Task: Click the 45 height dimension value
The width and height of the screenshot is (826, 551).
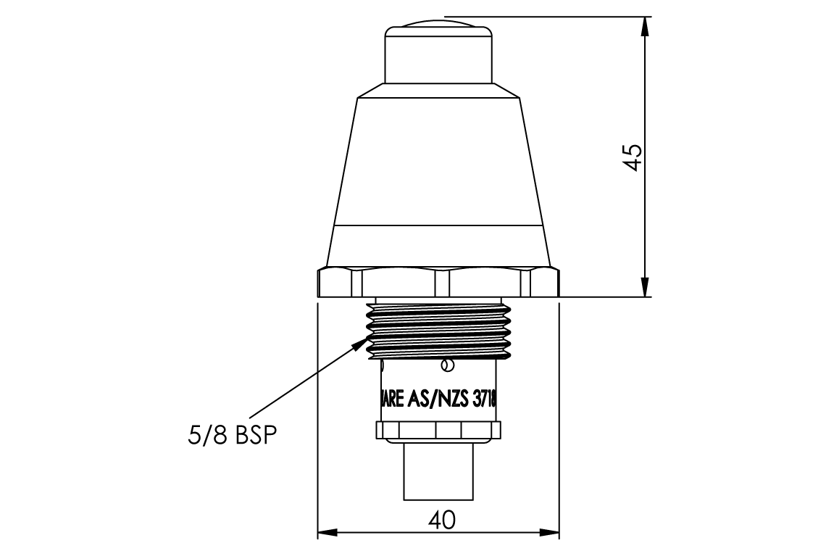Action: pyautogui.click(x=633, y=157)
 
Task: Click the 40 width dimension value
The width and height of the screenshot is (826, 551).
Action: pyautogui.click(x=441, y=521)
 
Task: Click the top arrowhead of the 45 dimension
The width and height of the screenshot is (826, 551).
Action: pyautogui.click(x=644, y=26)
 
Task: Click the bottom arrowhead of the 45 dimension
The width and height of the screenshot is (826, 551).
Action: pyautogui.click(x=644, y=288)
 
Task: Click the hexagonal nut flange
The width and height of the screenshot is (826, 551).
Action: pyautogui.click(x=438, y=283)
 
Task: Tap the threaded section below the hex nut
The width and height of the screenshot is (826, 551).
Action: pyautogui.click(x=438, y=330)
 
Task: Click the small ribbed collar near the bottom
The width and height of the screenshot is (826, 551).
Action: pyautogui.click(x=438, y=431)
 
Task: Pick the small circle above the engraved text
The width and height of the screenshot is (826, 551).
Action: pyautogui.click(x=448, y=365)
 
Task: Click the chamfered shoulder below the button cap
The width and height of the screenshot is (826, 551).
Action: pyautogui.click(x=438, y=90)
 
